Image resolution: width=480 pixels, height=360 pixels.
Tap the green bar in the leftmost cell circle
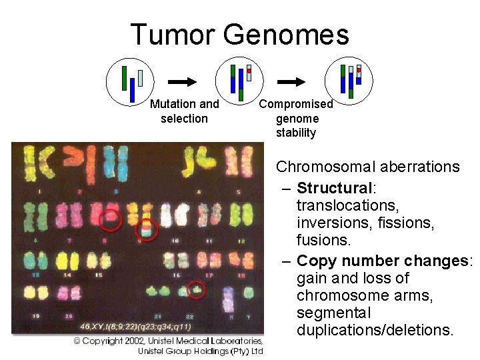click(124, 77)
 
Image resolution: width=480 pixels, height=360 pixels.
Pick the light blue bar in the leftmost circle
click(140, 78)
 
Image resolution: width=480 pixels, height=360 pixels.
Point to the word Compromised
click(295, 104)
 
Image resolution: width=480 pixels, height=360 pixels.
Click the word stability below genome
click(296, 133)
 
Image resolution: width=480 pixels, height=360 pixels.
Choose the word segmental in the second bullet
click(329, 313)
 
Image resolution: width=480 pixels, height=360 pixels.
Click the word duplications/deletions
click(374, 330)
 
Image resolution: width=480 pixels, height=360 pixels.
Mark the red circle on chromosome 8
click(110, 219)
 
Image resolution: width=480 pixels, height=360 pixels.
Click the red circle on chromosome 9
click(145, 230)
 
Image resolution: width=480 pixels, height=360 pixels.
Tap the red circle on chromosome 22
click(195, 290)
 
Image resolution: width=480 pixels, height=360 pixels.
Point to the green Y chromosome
click(249, 293)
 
